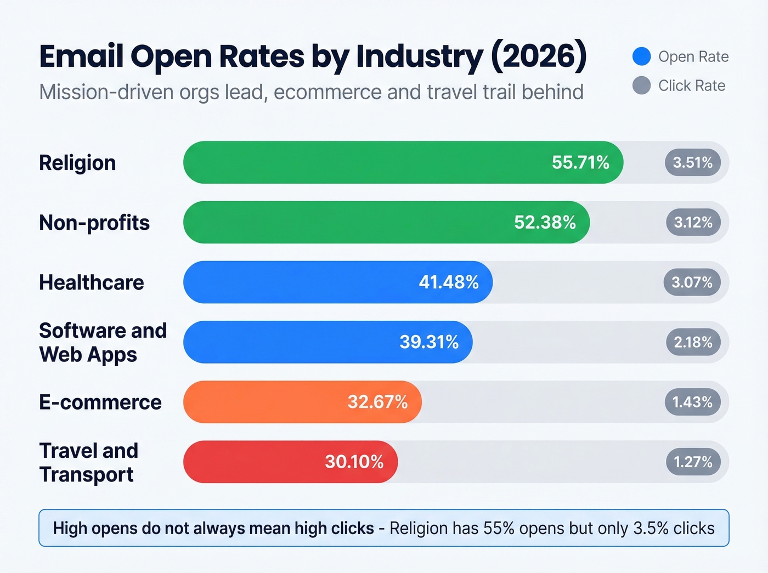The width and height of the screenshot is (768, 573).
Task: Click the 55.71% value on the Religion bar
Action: coord(580,162)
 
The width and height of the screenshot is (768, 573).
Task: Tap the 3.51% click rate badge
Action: coord(692,162)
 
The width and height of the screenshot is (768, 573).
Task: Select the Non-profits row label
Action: coord(94,223)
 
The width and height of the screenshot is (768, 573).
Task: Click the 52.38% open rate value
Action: coord(545,222)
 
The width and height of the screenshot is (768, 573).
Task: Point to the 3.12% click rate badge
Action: coord(693,222)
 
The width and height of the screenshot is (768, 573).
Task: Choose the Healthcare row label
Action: coord(92,282)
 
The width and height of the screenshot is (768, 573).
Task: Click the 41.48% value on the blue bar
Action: coord(449,282)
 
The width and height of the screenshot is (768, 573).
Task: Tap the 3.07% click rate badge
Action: coord(692,282)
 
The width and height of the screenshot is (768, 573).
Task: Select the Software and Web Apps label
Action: coord(103,342)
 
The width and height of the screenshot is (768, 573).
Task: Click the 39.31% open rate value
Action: coord(429,342)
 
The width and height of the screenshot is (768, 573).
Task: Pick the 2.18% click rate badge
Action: coord(693,342)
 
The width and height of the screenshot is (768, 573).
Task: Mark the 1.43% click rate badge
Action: coord(692,402)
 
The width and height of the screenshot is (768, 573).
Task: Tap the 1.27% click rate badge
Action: coord(693,462)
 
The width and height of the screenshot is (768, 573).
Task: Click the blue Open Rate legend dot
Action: coord(641,56)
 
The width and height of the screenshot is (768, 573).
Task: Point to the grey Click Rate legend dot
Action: coord(641,86)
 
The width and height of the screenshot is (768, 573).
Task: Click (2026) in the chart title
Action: coord(538,56)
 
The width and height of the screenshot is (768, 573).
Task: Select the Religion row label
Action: coord(77,163)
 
